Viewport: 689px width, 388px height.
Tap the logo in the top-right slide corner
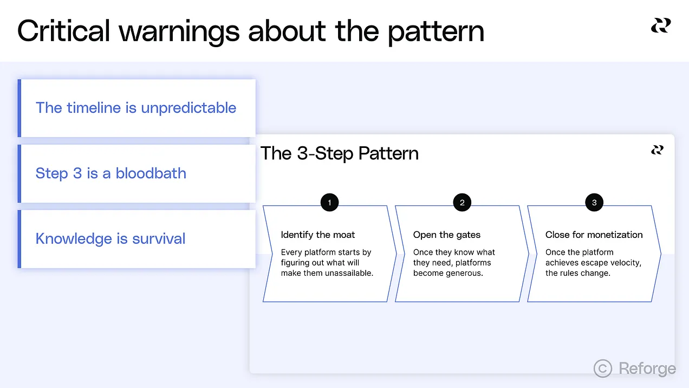click(x=661, y=25)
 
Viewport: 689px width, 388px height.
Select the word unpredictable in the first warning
click(x=188, y=108)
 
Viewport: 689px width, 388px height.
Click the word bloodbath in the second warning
click(x=151, y=173)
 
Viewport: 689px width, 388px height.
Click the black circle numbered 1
click(x=329, y=203)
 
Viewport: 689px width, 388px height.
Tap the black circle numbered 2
click(x=462, y=203)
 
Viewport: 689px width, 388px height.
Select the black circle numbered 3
click(x=594, y=203)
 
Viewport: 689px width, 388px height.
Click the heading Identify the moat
click(x=318, y=235)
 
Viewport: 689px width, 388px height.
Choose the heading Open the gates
click(x=447, y=235)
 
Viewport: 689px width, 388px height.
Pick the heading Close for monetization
click(x=594, y=235)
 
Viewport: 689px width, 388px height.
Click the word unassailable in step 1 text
click(x=349, y=273)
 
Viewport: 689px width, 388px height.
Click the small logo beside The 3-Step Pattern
click(x=658, y=150)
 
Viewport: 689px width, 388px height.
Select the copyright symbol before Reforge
click(x=603, y=368)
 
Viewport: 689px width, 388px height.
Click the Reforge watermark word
click(x=647, y=368)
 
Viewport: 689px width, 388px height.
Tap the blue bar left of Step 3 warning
click(x=19, y=173)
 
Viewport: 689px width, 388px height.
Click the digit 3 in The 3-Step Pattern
click(x=302, y=153)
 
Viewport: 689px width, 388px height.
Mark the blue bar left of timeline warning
click(x=19, y=108)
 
